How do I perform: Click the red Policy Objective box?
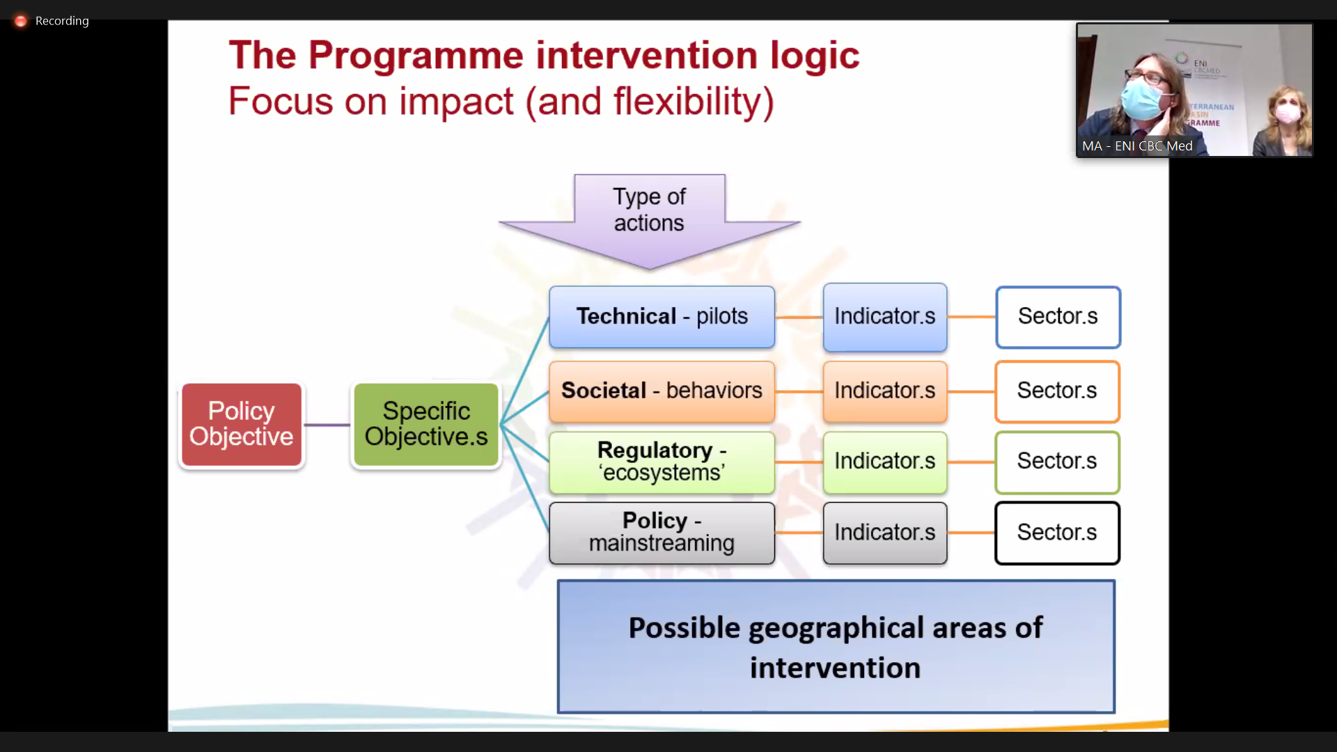coord(242,425)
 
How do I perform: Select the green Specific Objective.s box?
coord(426,425)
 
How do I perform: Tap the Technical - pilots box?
coord(662,317)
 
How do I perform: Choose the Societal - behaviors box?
coord(662,391)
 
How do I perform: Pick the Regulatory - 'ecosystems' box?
coord(662,462)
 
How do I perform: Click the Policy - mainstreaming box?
coord(662,533)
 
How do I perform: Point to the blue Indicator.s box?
coord(885,317)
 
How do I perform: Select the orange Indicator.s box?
coord(885,391)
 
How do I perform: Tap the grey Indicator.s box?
coord(885,533)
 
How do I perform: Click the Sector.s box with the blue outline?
coord(1058,317)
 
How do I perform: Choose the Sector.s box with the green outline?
coord(1057,462)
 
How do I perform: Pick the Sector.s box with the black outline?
coord(1057,533)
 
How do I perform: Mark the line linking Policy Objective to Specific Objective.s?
coord(327,425)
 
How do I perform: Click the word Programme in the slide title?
coord(416,55)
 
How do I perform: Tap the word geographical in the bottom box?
coord(836,629)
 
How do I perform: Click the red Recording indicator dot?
coord(21,21)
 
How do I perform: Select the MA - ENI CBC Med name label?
coord(1137,146)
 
